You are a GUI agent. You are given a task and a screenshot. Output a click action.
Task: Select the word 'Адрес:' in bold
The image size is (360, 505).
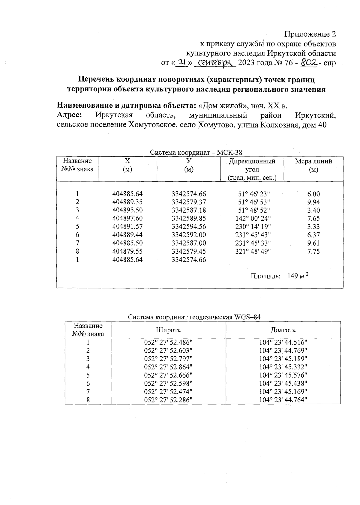tap(70, 115)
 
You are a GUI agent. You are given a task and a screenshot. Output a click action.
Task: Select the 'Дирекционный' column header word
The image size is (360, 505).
tap(252, 161)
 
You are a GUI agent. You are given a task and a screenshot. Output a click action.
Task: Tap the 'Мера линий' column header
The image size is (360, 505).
tap(313, 161)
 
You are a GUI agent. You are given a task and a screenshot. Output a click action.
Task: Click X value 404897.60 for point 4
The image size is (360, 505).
tap(127, 219)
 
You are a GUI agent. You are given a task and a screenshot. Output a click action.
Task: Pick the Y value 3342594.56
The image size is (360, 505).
tap(189, 227)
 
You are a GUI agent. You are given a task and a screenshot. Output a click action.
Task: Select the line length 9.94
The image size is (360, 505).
tap(313, 202)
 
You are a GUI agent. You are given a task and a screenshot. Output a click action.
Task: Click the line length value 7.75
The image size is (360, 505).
tap(313, 251)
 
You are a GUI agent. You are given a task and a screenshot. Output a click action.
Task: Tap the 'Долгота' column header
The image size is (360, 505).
tap(283, 330)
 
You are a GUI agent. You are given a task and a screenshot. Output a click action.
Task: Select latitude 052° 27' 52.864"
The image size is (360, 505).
tap(168, 367)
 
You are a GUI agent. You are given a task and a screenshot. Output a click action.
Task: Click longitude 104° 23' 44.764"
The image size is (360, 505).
tap(283, 400)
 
